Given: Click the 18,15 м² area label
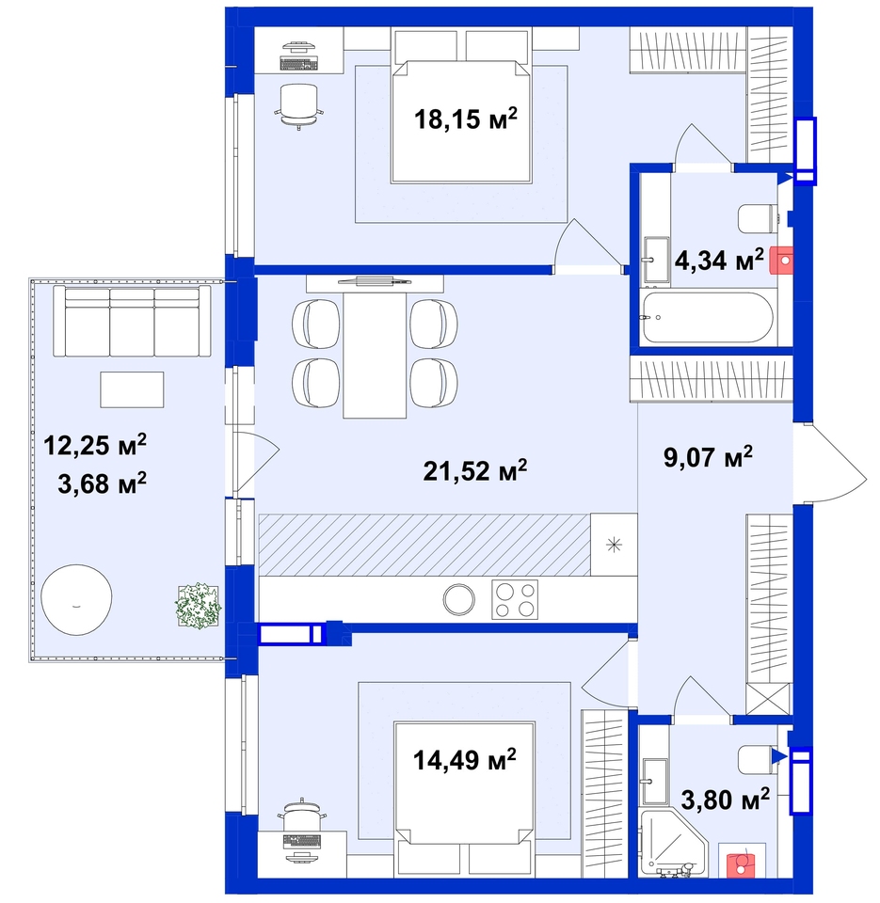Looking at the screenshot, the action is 466,119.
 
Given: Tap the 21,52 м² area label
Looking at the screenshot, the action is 475,470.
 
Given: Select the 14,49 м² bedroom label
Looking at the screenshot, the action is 465,760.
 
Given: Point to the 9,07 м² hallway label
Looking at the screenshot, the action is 709,457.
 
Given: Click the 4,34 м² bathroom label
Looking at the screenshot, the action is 719,261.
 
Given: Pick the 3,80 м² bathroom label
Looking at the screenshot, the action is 726,800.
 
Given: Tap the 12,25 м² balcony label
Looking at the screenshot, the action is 95,445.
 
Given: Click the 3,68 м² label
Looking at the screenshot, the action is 102,483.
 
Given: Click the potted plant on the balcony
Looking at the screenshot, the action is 199,606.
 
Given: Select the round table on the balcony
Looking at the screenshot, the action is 76,599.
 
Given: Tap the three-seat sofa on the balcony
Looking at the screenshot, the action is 132,322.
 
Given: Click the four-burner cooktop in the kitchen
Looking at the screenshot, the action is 515,599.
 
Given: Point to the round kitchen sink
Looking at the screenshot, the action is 459,599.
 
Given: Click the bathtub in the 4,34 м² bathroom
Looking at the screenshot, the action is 707,317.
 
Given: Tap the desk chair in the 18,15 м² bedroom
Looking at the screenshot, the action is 298,104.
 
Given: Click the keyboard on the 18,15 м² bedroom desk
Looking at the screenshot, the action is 298,63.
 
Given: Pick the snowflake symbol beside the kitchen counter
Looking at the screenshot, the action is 615,545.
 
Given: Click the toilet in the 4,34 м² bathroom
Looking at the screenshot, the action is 759,219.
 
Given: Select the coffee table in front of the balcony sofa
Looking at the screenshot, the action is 132,389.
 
